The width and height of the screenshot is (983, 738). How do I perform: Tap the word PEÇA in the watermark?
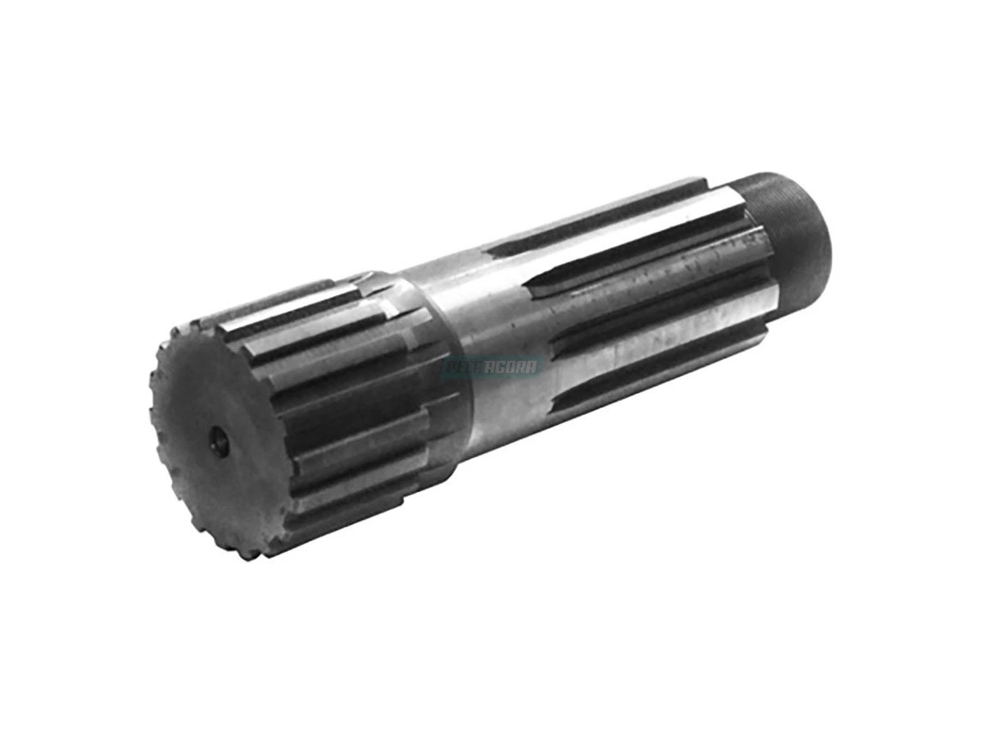click(x=464, y=367)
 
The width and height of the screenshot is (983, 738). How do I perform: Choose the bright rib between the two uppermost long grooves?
click(x=623, y=238)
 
